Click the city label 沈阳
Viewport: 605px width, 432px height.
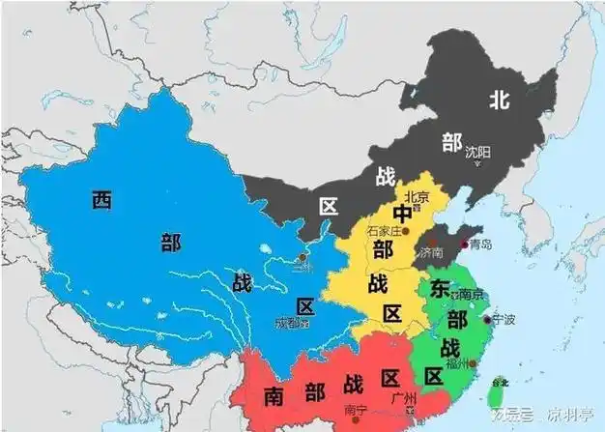(x=477, y=153)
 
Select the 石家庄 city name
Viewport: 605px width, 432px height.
(x=384, y=232)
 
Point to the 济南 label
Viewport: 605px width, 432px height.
(x=432, y=251)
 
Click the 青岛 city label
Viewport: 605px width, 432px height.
(x=480, y=245)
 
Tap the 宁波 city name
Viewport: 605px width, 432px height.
(x=504, y=317)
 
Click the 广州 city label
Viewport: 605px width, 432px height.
(x=402, y=397)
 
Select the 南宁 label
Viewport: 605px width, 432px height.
(x=355, y=410)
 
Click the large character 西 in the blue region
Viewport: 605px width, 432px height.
(x=101, y=200)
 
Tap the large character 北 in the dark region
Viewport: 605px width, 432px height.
(x=500, y=98)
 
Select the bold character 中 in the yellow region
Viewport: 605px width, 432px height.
(x=402, y=215)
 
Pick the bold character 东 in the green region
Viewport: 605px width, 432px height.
(x=441, y=288)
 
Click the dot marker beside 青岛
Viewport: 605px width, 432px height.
(x=464, y=244)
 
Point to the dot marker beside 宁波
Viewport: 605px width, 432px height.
(x=486, y=318)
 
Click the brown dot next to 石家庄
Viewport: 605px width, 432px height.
(x=406, y=233)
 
